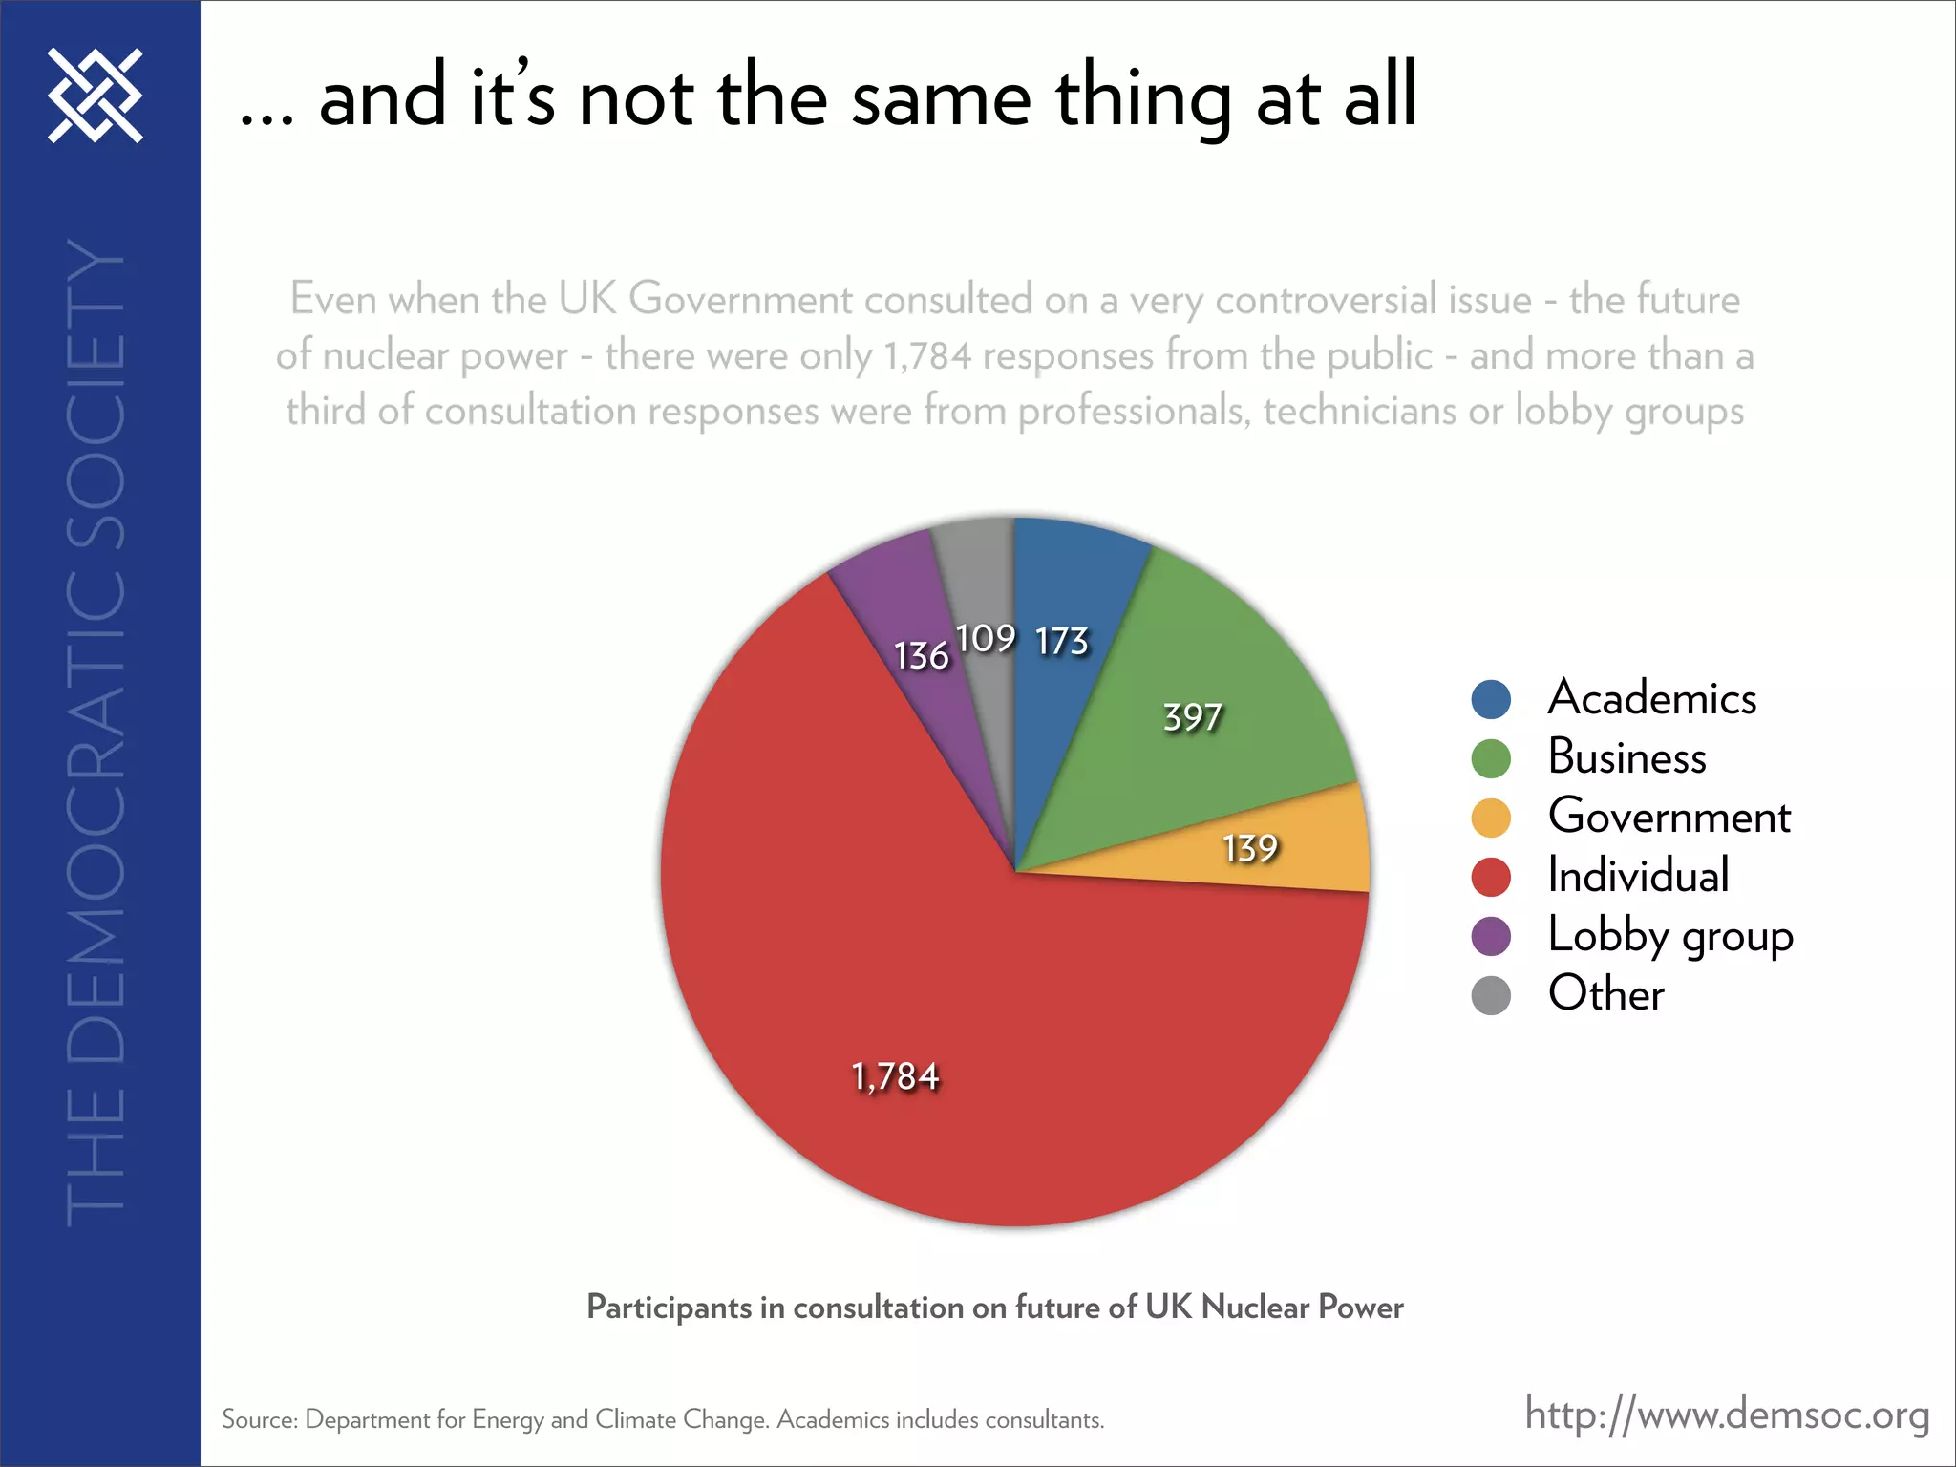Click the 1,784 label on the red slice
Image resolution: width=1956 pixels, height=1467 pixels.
click(895, 1076)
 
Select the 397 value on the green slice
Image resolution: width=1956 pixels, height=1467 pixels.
click(1192, 716)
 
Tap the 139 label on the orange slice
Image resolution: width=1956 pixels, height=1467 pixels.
click(1250, 848)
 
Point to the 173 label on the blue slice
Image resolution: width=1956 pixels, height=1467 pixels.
click(1062, 641)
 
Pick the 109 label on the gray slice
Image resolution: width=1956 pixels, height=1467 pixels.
click(986, 638)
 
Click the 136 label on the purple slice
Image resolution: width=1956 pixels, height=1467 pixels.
click(921, 655)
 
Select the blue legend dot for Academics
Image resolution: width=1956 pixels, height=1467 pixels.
click(1491, 699)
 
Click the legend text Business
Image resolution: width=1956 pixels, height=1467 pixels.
click(1626, 757)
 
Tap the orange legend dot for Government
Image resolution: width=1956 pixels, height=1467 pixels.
click(1491, 818)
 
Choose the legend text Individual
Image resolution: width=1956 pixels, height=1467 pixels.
click(1638, 876)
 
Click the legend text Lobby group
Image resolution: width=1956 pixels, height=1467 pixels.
click(1669, 935)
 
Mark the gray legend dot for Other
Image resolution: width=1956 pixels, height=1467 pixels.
click(1491, 995)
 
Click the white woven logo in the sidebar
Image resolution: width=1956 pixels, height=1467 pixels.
click(96, 96)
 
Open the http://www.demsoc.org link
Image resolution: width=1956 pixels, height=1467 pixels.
click(1727, 1414)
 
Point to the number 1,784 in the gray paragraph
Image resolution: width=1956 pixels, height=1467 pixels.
click(926, 356)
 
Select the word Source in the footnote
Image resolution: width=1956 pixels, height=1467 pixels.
click(258, 1420)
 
